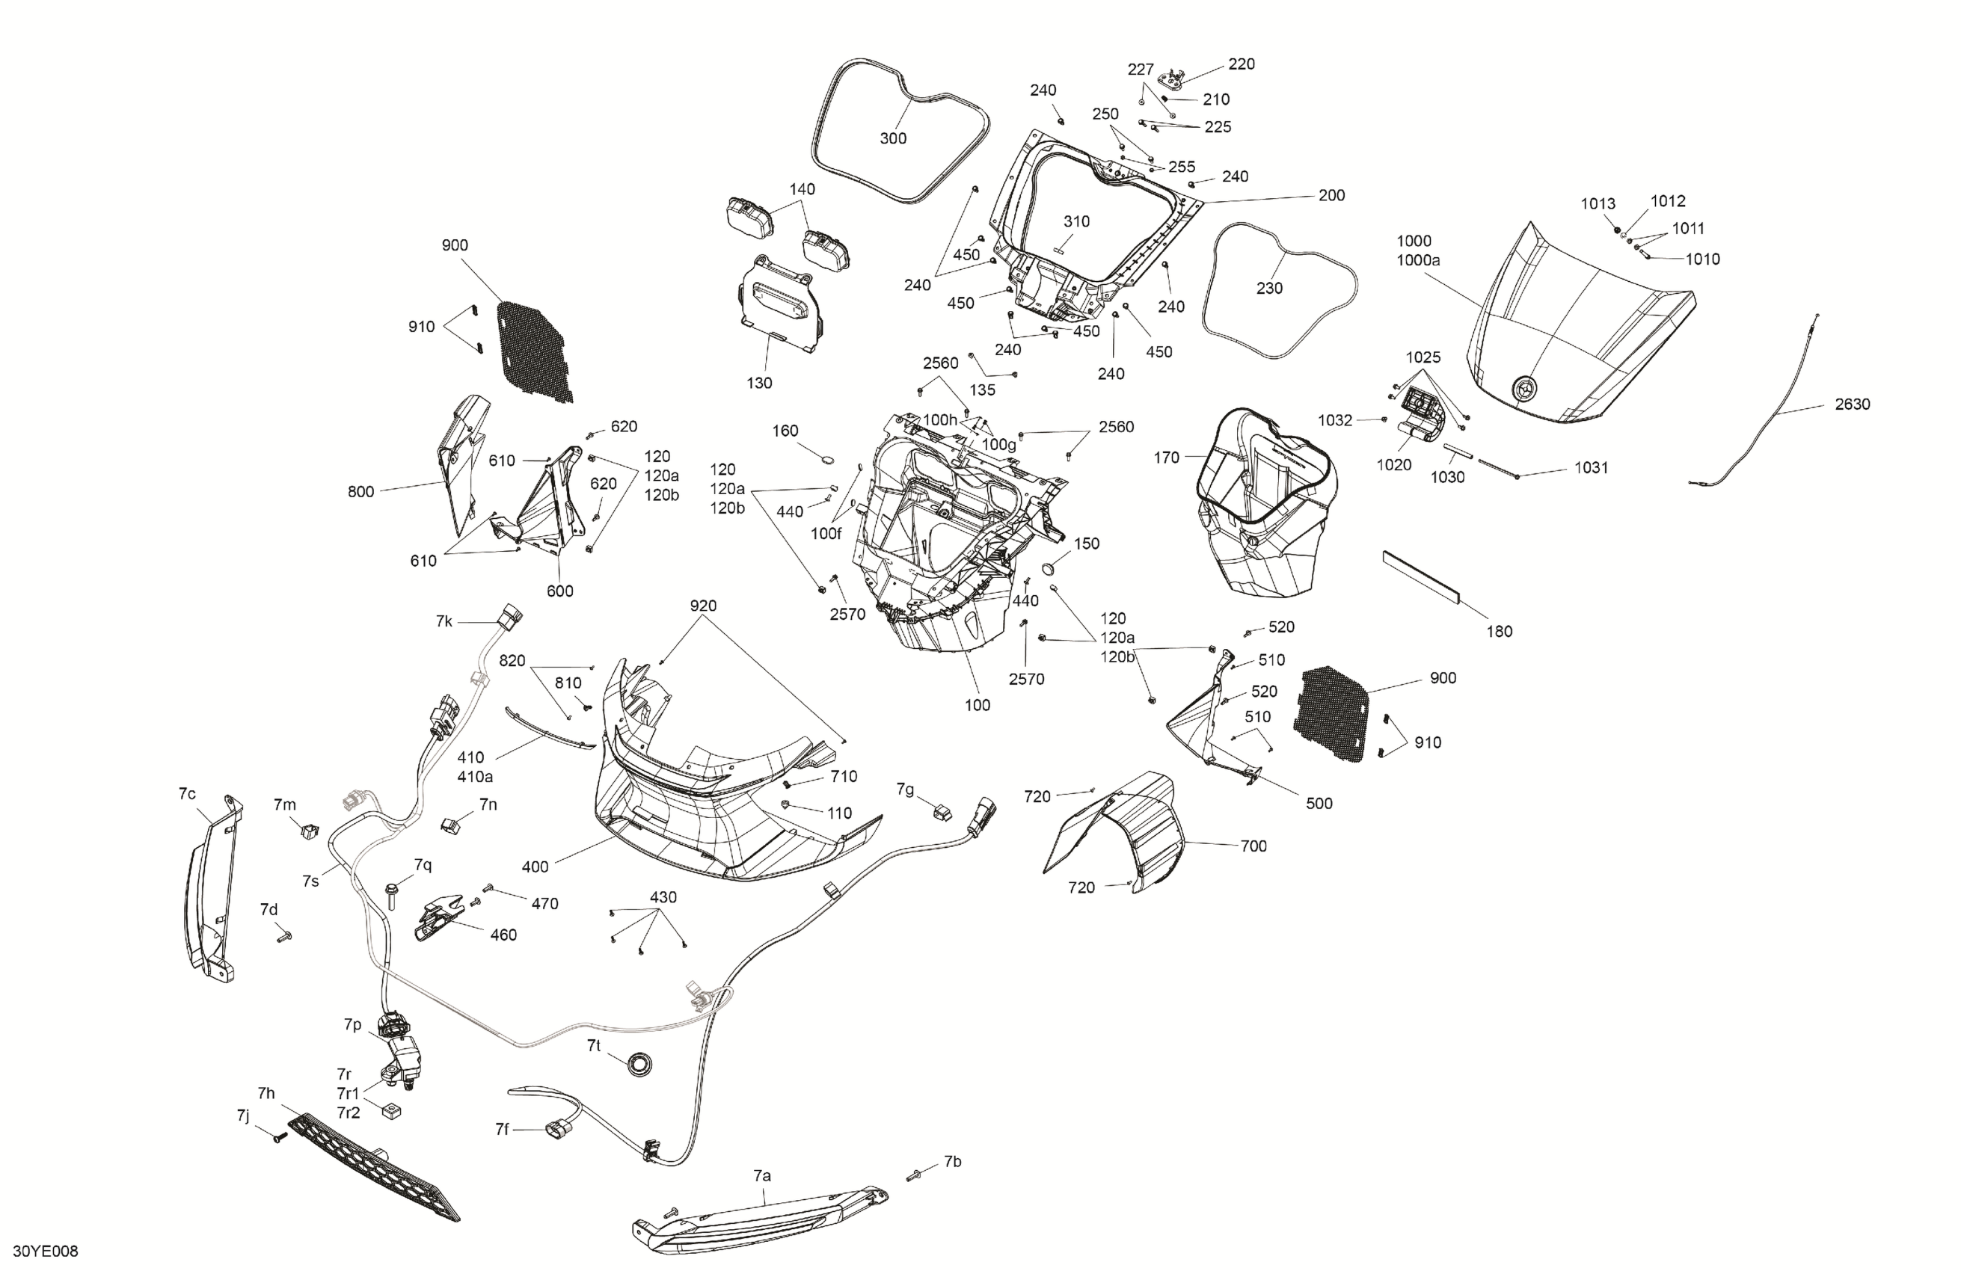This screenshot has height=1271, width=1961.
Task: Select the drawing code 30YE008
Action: point(51,1252)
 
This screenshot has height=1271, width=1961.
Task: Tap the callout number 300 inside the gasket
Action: point(893,138)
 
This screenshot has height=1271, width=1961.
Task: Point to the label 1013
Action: point(1598,203)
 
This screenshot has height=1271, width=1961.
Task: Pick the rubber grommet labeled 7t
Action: point(637,1062)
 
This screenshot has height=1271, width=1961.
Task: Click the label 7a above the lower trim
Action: point(762,1175)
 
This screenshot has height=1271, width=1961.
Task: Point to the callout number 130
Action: point(759,383)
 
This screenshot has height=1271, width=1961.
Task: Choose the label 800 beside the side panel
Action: point(361,492)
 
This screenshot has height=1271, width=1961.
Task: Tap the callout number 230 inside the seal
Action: point(1269,289)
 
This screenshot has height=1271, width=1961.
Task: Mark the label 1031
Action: point(1591,467)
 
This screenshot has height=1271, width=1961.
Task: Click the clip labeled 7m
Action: point(309,831)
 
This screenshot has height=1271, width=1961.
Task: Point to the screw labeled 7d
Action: point(284,937)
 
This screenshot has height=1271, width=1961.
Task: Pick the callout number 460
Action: point(503,935)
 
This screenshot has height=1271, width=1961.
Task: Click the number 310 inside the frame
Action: point(1076,221)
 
